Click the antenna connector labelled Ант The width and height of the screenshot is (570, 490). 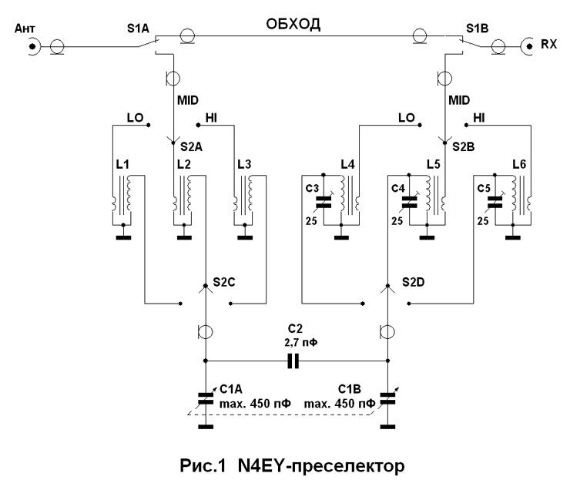pos(33,47)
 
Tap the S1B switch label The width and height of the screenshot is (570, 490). pos(477,30)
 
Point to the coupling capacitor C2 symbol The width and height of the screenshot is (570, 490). pos(293,361)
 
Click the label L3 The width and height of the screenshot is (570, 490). pos(244,165)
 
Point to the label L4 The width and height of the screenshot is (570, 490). pos(347,165)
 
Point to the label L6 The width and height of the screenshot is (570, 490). pos(521,165)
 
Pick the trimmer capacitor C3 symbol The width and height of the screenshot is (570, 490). pos(324,203)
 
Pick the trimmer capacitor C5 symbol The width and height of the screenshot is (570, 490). pos(495,203)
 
